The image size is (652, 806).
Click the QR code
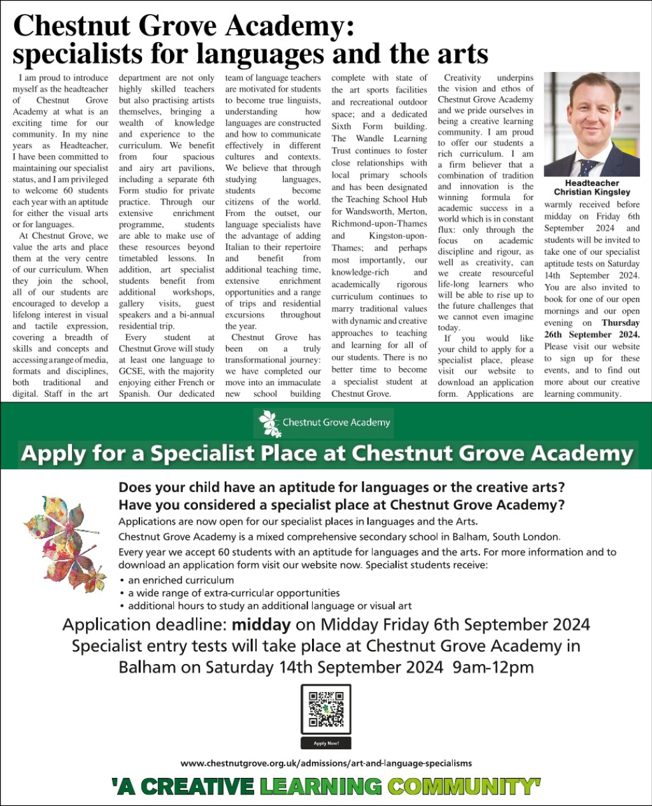tap(325, 709)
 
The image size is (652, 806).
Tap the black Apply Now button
tap(325, 743)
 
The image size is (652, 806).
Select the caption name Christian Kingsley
tap(592, 192)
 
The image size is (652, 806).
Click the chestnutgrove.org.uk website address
tap(326, 763)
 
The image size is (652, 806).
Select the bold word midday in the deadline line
tap(261, 625)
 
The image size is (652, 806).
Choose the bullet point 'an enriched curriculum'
tap(181, 580)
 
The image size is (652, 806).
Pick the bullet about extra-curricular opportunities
tap(234, 593)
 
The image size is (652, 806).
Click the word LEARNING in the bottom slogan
tap(320, 787)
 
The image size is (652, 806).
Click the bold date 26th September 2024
tap(592, 334)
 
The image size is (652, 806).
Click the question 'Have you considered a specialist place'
tap(341, 505)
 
